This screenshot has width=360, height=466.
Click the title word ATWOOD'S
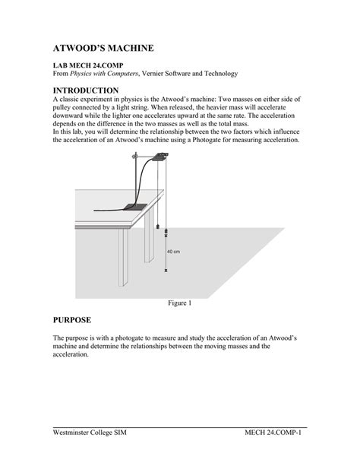coord(81,48)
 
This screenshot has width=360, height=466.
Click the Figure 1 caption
coord(179,303)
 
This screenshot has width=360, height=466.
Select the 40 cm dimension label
coord(173,252)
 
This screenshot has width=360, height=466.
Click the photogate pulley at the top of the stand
coord(161,157)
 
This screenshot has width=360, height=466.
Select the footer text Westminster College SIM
coord(94,432)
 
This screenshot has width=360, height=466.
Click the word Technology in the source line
coord(219,74)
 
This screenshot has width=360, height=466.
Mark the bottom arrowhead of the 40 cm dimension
coord(166,271)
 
